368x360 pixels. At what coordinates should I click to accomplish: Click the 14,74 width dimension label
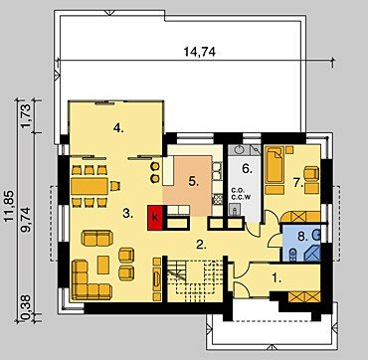tap(199, 52)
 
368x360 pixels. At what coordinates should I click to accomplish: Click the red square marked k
tap(155, 218)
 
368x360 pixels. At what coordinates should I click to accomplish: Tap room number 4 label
tap(118, 127)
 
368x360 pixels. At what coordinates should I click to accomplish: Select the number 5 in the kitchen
tap(193, 181)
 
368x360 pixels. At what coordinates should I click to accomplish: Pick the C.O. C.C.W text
tap(241, 194)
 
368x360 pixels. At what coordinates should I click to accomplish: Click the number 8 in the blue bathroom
tap(303, 237)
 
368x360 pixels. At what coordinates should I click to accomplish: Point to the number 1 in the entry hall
tap(276, 278)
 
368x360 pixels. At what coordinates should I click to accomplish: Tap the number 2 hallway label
tap(202, 245)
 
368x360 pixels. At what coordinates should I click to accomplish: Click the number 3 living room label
tap(128, 214)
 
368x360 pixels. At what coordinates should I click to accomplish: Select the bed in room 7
tap(275, 164)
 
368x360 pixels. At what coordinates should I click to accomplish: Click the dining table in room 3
tap(90, 186)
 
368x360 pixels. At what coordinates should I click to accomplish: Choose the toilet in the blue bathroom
tap(293, 255)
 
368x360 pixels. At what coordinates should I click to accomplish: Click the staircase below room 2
tap(195, 280)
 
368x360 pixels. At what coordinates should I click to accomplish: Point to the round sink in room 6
tap(240, 150)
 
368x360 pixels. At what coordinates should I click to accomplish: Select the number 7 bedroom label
tap(298, 182)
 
